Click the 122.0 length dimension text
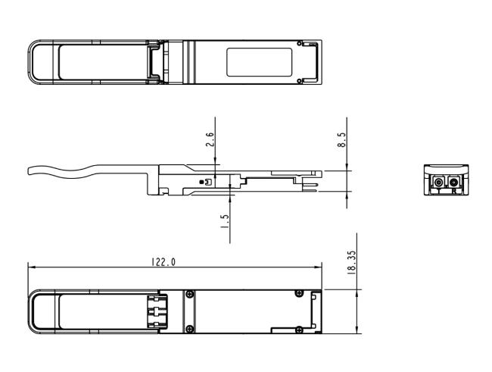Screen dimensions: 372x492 click(x=163, y=261)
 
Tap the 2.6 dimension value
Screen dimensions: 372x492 click(x=210, y=140)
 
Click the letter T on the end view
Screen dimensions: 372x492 click(x=438, y=192)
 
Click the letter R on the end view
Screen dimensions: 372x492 click(x=453, y=192)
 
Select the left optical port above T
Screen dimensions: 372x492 click(x=438, y=182)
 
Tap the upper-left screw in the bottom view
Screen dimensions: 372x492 click(x=189, y=293)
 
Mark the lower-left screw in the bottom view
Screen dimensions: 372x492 click(x=189, y=328)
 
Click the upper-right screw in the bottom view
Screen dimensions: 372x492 click(x=300, y=293)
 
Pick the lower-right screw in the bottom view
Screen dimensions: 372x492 click(x=300, y=328)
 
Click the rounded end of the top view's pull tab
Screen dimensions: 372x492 click(x=32, y=61)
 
